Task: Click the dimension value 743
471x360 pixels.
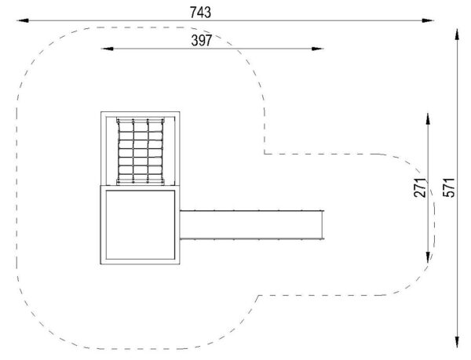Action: (x=200, y=13)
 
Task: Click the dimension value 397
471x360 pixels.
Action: (x=202, y=41)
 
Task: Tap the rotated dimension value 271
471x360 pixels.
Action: (x=420, y=187)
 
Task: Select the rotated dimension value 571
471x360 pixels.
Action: (x=449, y=187)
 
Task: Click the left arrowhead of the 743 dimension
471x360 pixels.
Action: (x=23, y=20)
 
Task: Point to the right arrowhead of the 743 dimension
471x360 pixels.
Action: (x=428, y=20)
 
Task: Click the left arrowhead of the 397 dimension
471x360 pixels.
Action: (x=107, y=49)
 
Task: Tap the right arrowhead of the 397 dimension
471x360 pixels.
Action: (x=317, y=49)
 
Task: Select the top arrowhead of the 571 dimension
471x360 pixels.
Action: (x=457, y=35)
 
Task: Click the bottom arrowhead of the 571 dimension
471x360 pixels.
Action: (x=457, y=342)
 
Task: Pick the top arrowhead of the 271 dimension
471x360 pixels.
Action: (x=428, y=118)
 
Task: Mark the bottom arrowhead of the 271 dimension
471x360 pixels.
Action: (x=428, y=257)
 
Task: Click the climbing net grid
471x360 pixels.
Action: (x=141, y=151)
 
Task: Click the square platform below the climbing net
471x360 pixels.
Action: (x=140, y=224)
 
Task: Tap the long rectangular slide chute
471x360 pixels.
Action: (x=252, y=224)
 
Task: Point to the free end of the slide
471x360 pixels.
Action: (x=323, y=224)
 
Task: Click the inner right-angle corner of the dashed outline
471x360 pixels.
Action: (x=265, y=154)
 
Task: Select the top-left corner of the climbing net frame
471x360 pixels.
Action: (x=101, y=112)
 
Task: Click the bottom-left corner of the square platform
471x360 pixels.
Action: (x=100, y=264)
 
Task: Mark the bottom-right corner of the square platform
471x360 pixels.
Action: (x=180, y=264)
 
